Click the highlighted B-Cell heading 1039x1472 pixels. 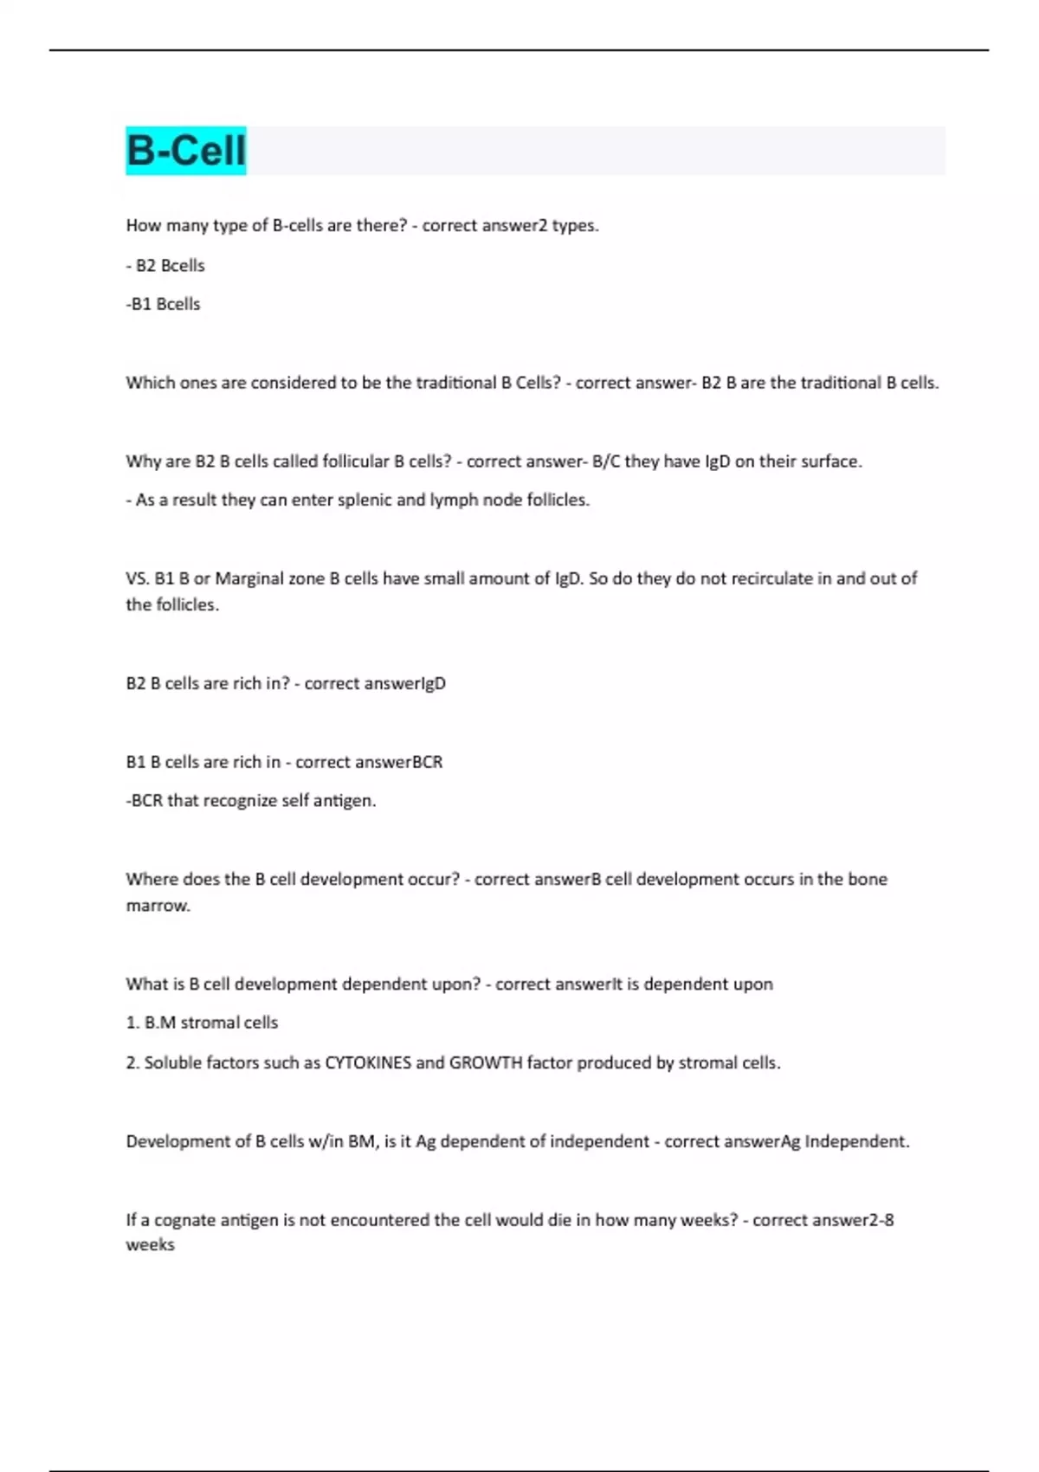click(186, 150)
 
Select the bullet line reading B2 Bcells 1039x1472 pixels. click(165, 265)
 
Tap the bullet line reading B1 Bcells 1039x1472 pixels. click(163, 304)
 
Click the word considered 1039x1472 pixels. click(294, 383)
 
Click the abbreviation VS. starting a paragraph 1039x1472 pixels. click(138, 578)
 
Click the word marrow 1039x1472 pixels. click(158, 906)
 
